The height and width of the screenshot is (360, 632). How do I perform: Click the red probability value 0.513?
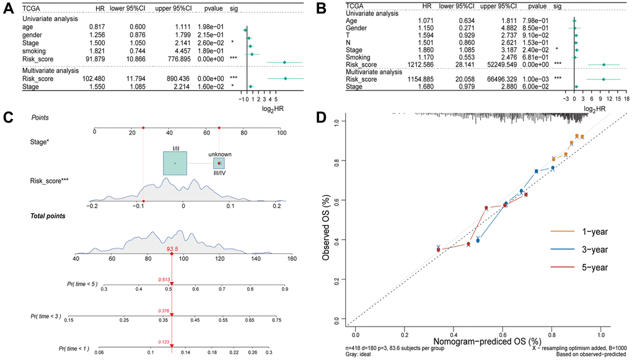pyautogui.click(x=164, y=279)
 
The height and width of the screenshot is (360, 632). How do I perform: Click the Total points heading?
pyautogui.click(x=49, y=216)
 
